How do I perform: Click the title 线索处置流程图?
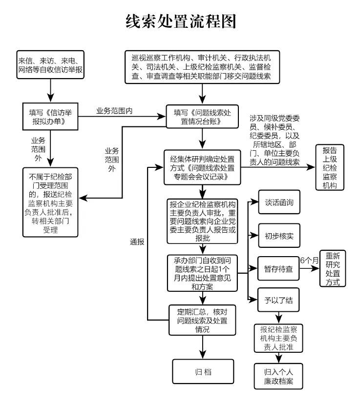pyautogui.click(x=180, y=21)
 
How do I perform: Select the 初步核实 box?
pyautogui.click(x=278, y=237)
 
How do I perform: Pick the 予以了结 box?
pyautogui.click(x=278, y=300)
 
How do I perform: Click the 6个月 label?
pyautogui.click(x=309, y=261)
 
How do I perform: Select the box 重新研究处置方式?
pyautogui.click(x=336, y=268)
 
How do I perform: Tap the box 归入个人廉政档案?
pyautogui.click(x=278, y=375)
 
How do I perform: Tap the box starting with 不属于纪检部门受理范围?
pyautogui.click(x=50, y=201)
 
